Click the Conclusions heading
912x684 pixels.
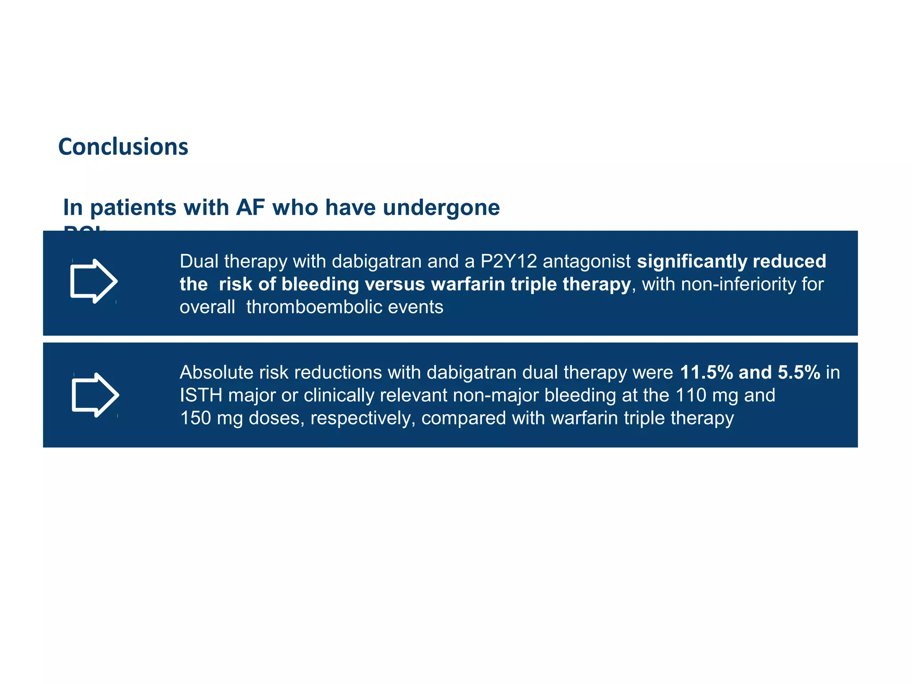click(123, 147)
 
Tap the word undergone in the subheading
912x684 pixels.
click(441, 208)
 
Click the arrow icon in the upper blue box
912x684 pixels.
click(94, 281)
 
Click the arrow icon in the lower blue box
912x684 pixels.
click(95, 395)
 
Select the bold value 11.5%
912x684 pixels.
click(706, 372)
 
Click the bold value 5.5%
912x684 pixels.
click(799, 372)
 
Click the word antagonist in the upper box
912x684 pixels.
click(586, 261)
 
